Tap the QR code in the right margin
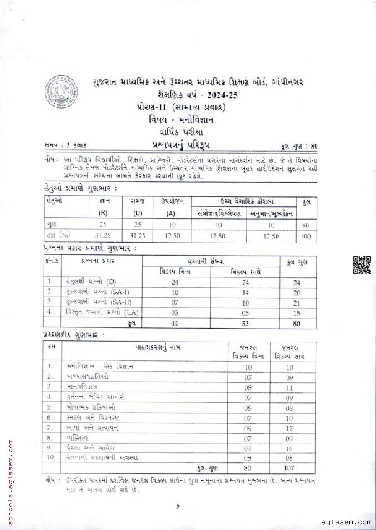pos(361,265)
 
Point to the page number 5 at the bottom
pos(178,505)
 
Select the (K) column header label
pos(104,213)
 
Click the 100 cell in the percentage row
pos(306,237)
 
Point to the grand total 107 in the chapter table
pos(289,468)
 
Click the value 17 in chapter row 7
pos(289,427)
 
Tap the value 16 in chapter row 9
pos(289,448)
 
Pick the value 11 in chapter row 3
pos(289,387)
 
